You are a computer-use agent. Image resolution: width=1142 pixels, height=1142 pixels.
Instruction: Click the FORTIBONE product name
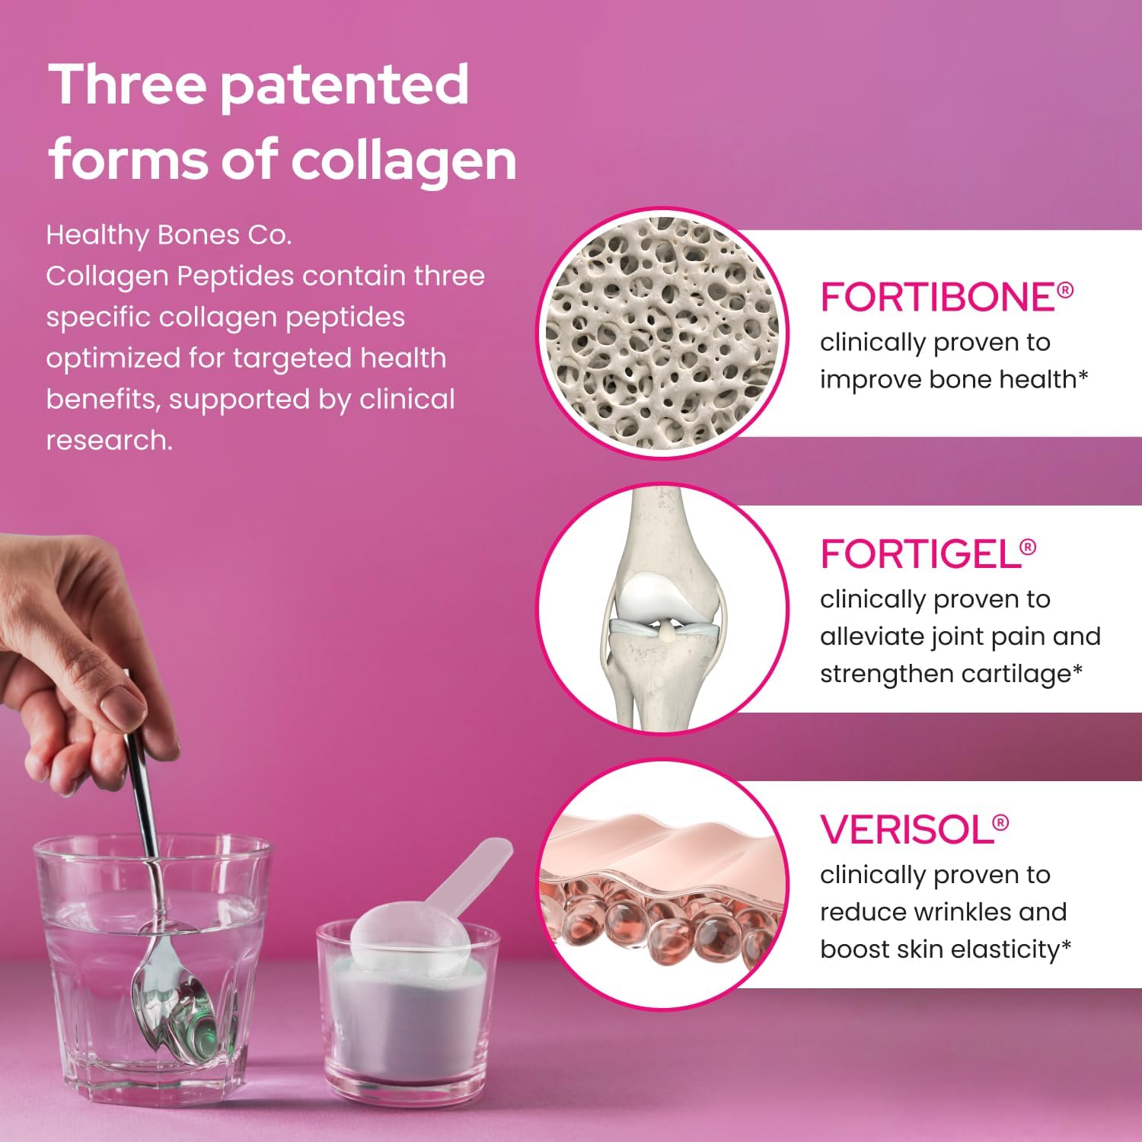coord(936,297)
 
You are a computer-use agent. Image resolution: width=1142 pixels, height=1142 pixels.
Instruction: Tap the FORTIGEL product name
coord(919,554)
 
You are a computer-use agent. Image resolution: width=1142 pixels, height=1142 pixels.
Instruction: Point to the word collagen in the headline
coord(404,160)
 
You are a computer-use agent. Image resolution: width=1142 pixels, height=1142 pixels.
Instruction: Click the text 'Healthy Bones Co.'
coord(168,235)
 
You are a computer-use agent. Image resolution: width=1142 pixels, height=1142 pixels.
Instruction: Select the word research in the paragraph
coord(108,440)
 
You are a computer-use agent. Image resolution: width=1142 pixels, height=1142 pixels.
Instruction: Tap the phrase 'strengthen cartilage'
coord(945,674)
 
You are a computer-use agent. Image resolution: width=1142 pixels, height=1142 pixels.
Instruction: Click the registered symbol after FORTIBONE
coord(1065,289)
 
